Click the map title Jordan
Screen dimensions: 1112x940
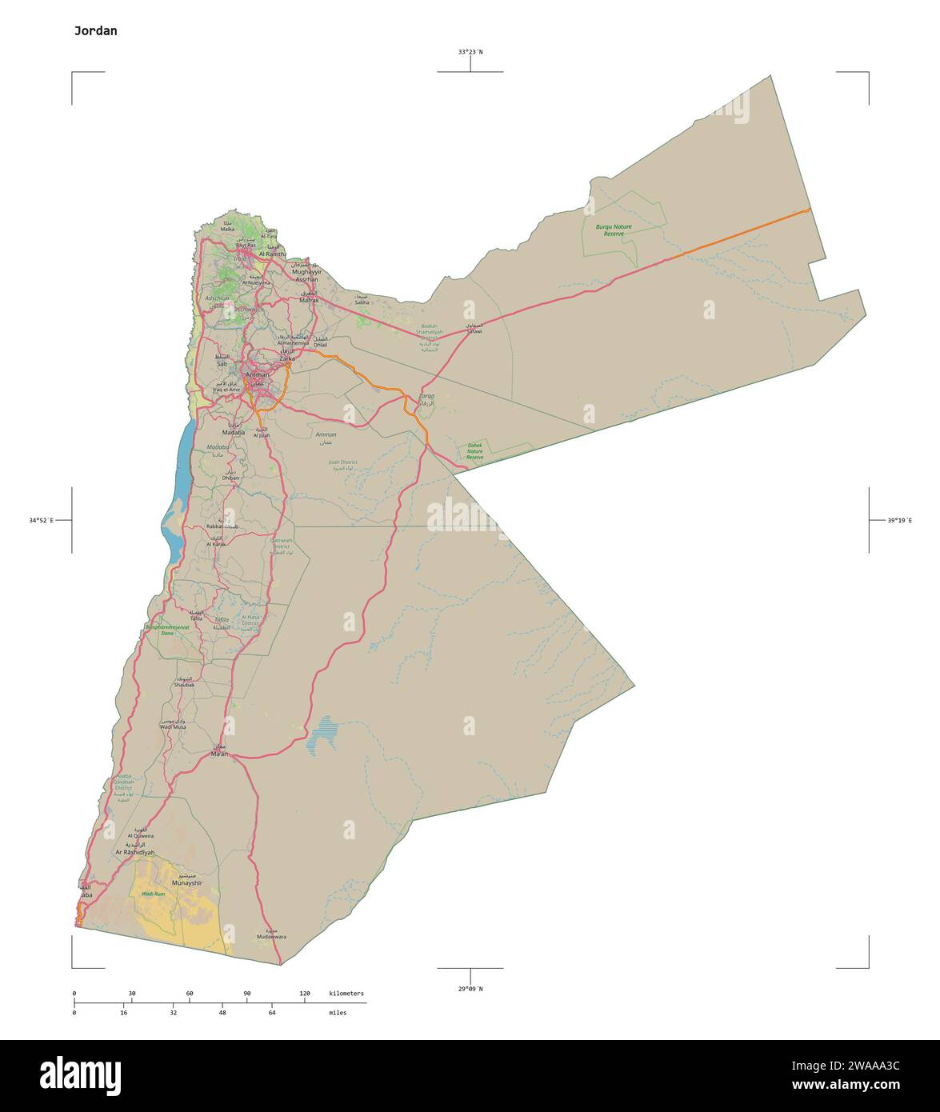point(95,31)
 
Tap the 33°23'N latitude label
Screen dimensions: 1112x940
point(470,52)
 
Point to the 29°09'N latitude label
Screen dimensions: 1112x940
point(470,989)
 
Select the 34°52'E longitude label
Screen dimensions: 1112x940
point(41,521)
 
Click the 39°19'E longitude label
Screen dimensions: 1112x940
point(899,521)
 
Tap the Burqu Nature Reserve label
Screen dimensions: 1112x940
point(614,230)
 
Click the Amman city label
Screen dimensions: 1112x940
point(258,374)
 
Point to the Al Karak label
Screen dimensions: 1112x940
point(216,544)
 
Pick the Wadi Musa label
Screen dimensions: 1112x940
point(173,726)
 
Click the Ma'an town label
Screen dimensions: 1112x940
point(219,754)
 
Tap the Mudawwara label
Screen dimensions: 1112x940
point(271,936)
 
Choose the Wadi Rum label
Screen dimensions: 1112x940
point(153,894)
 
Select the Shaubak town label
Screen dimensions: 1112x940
point(184,685)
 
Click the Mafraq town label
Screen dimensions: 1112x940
point(309,299)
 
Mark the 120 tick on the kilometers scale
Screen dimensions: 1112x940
point(305,994)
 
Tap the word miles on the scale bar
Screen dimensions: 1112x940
point(338,1013)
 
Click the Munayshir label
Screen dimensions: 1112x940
point(187,884)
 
